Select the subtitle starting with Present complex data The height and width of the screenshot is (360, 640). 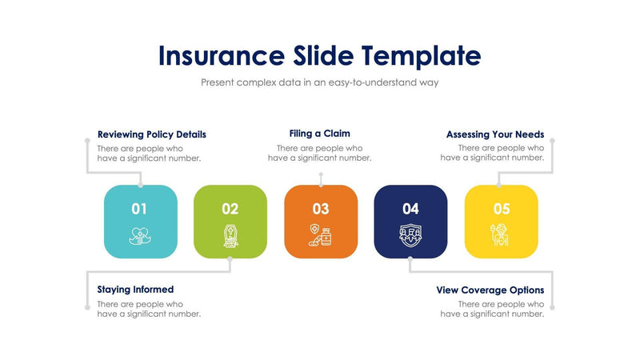(319, 82)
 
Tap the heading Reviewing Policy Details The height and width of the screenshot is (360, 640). (151, 134)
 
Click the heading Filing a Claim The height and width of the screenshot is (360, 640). (319, 134)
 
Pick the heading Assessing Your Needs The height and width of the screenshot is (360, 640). (494, 134)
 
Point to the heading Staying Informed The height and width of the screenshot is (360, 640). (135, 290)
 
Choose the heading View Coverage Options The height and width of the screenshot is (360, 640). (490, 290)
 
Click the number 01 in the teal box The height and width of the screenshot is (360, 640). (139, 209)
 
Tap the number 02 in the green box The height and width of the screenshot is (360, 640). (230, 209)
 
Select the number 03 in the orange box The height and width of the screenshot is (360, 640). (320, 209)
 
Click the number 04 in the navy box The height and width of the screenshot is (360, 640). (410, 209)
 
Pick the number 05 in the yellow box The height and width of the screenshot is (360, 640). (501, 209)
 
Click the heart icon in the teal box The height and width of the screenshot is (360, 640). (140, 235)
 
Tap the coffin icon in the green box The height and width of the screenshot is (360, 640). (230, 234)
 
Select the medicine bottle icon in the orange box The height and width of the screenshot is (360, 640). (321, 235)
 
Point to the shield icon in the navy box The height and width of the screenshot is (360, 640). (410, 235)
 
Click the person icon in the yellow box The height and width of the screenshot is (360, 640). (501, 235)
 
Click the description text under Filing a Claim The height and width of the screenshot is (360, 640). (319, 153)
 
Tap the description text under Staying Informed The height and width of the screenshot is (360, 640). (149, 309)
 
